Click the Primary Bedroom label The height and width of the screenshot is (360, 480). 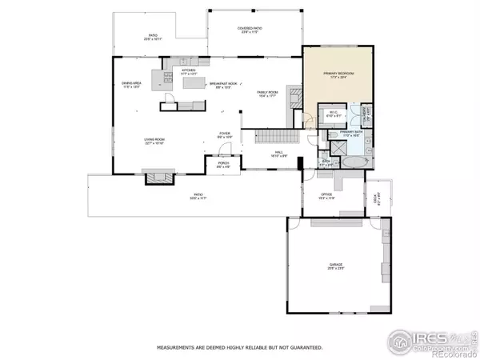338,74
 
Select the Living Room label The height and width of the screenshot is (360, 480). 154,142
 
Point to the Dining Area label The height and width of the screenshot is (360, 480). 131,84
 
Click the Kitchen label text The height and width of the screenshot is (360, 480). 190,72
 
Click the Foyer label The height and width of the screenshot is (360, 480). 225,136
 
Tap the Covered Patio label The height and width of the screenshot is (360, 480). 250,30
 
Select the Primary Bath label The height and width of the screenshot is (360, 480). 351,135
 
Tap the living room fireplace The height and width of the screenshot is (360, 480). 154,177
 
